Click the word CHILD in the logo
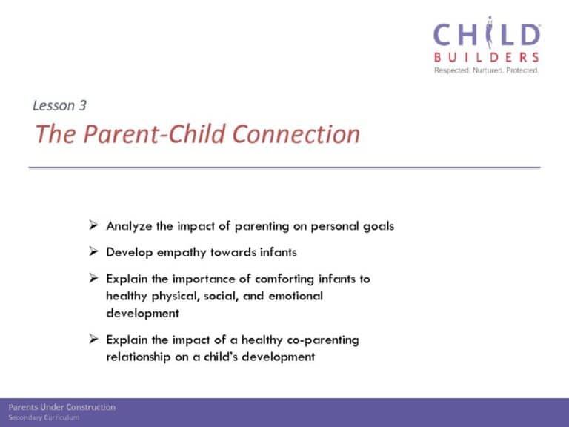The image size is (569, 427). coord(487,34)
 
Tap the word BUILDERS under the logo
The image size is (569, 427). coord(486,57)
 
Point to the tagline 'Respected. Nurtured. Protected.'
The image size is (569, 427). coord(486,70)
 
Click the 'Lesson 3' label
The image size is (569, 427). coord(59,105)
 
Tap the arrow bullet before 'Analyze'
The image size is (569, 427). coord(93,225)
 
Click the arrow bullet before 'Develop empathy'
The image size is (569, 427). coord(93,251)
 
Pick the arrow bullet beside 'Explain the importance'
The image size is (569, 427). coord(93,278)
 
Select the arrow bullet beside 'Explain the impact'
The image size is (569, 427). coord(93,339)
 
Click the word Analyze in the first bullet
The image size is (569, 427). coord(129,227)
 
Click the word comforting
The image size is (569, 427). coord(284,279)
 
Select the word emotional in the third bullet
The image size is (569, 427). coord(296,296)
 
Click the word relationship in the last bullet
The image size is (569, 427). coord(139,357)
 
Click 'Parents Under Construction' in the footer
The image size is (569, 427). coord(62,407)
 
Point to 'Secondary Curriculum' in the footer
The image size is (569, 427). coord(44,417)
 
